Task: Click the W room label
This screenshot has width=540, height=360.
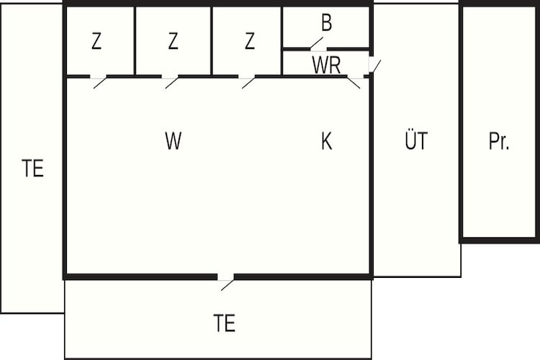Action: click(x=174, y=140)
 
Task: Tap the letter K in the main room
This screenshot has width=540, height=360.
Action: click(x=326, y=141)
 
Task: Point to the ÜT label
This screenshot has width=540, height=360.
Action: click(x=416, y=140)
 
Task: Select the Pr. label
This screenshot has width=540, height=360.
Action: click(x=499, y=141)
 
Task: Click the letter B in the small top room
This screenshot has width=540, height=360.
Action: click(x=326, y=22)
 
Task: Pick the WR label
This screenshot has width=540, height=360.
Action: click(x=326, y=65)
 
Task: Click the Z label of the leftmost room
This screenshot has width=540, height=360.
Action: click(x=96, y=40)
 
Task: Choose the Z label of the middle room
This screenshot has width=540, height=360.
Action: click(x=173, y=40)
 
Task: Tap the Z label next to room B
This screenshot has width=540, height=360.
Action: click(x=250, y=40)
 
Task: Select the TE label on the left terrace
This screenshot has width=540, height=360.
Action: click(x=32, y=168)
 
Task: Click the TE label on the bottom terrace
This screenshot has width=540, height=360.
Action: click(x=224, y=323)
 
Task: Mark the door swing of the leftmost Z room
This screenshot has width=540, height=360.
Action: click(x=100, y=83)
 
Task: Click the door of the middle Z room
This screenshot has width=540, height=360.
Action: click(x=172, y=83)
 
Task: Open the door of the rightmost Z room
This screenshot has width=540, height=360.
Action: click(x=248, y=83)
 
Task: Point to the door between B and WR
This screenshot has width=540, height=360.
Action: click(x=317, y=43)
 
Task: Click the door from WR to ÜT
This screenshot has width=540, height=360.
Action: click(x=377, y=66)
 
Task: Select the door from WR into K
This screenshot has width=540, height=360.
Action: click(x=354, y=83)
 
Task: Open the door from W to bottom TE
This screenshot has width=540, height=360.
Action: click(x=228, y=285)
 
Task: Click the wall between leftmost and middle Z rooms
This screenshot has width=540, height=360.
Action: click(x=135, y=40)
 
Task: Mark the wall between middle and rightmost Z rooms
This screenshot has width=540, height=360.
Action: click(x=212, y=40)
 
